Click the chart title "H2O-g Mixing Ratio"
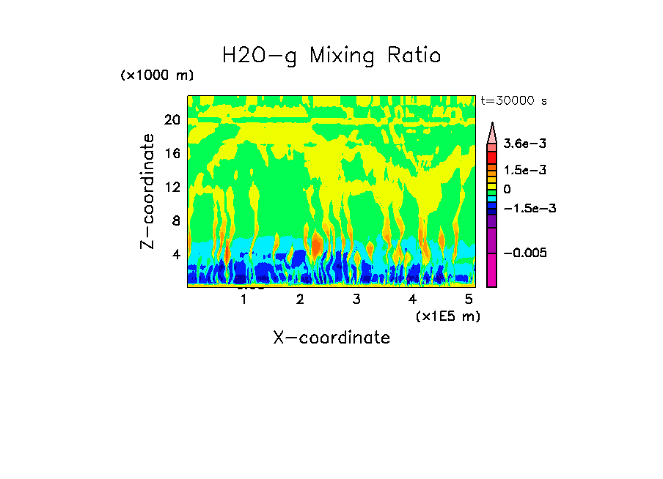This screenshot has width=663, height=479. (x=331, y=56)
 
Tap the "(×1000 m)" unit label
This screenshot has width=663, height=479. (x=157, y=76)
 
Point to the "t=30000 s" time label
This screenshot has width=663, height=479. (x=513, y=100)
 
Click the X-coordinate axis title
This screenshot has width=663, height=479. (x=331, y=338)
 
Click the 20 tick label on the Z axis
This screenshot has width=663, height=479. (x=172, y=120)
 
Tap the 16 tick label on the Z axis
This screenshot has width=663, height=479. (x=172, y=154)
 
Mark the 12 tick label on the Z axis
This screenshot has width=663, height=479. (x=172, y=187)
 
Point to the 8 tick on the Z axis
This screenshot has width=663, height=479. (x=175, y=221)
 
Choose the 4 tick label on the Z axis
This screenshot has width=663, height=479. (x=175, y=255)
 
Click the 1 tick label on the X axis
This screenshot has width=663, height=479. (x=243, y=300)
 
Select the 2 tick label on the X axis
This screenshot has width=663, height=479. (x=300, y=300)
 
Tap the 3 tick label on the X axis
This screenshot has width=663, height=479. (x=356, y=300)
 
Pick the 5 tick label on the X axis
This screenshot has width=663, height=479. (x=469, y=300)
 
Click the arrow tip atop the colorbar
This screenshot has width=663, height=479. (x=492, y=125)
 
